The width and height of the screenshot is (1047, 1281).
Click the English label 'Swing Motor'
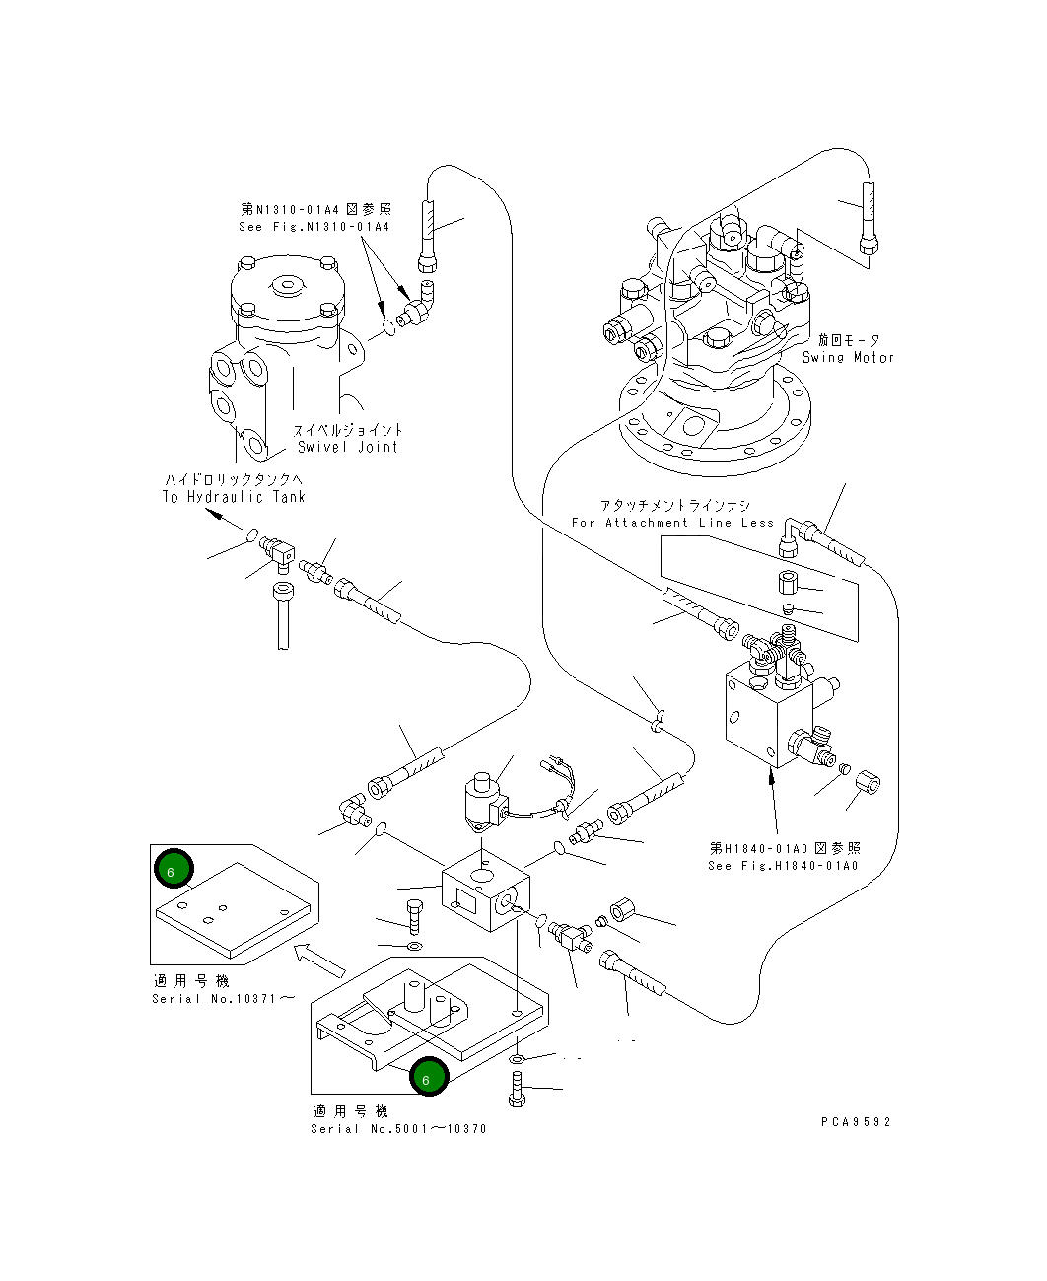tap(848, 358)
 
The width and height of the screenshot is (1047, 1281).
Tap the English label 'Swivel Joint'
tap(347, 447)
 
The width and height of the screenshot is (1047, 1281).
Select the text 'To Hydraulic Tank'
tap(234, 497)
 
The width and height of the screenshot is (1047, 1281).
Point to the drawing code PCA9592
tap(855, 1122)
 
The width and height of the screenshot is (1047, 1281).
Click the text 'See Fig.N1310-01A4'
tap(314, 227)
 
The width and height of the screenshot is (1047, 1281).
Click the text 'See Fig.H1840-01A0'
tap(783, 866)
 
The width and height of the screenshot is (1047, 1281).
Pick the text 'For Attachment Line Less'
tap(672, 523)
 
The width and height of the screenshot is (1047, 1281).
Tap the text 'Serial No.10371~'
tap(223, 998)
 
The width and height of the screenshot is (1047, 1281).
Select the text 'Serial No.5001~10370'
tap(398, 1129)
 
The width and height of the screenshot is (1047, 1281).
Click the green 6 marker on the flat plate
tap(174, 871)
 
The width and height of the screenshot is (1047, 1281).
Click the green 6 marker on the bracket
tap(429, 1078)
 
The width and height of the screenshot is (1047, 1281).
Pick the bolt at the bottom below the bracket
tap(517, 1092)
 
